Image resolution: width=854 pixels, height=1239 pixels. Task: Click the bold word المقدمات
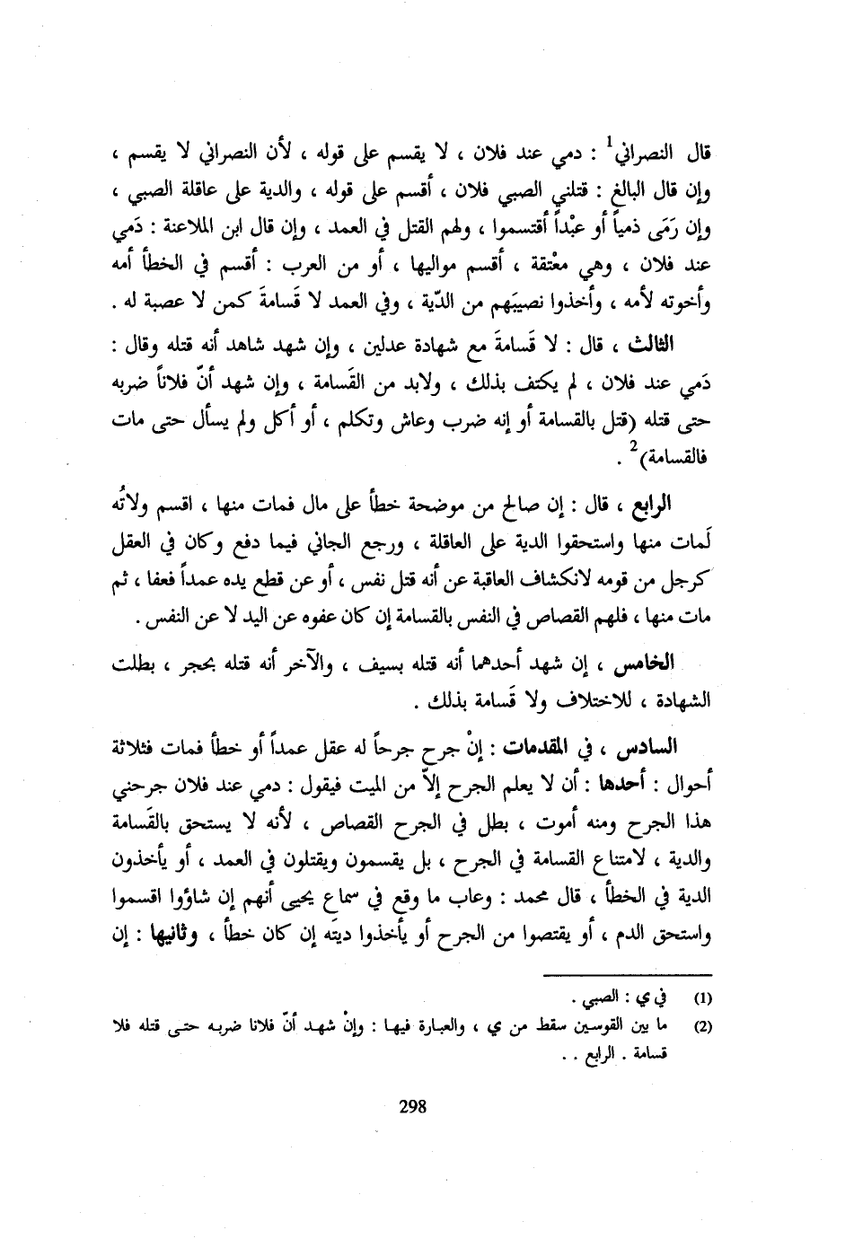585,747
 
